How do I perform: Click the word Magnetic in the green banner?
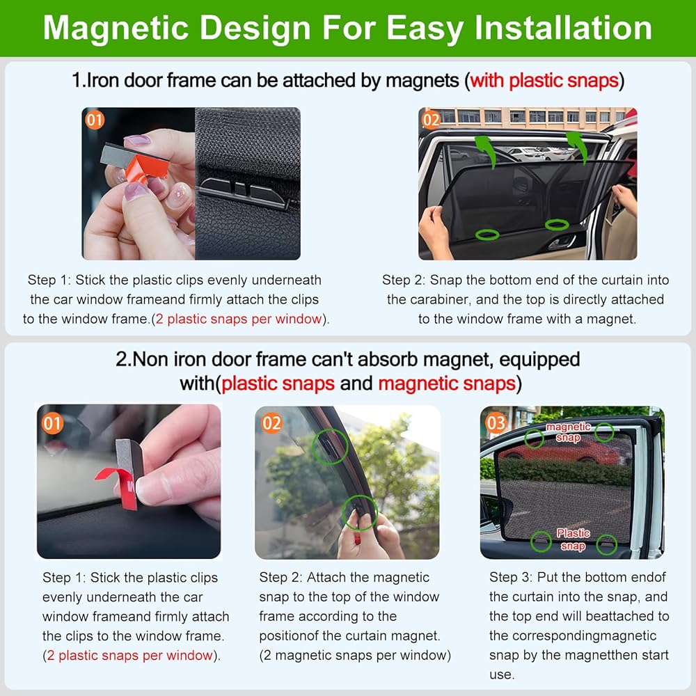tap(116, 29)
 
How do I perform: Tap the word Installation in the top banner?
tap(563, 28)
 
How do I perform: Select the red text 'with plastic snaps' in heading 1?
tap(544, 81)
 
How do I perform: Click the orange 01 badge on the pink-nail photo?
tap(94, 120)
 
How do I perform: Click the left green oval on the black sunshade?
tap(487, 235)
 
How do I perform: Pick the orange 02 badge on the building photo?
tap(431, 120)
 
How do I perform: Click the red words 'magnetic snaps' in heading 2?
tap(447, 383)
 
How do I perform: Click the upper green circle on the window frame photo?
tap(330, 447)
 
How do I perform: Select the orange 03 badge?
tap(496, 423)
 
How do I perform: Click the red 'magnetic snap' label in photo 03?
tap(568, 432)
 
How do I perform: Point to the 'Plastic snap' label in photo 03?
tap(573, 539)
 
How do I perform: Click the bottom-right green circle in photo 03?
tap(606, 545)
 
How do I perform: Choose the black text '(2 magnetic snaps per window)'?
tap(355, 656)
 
